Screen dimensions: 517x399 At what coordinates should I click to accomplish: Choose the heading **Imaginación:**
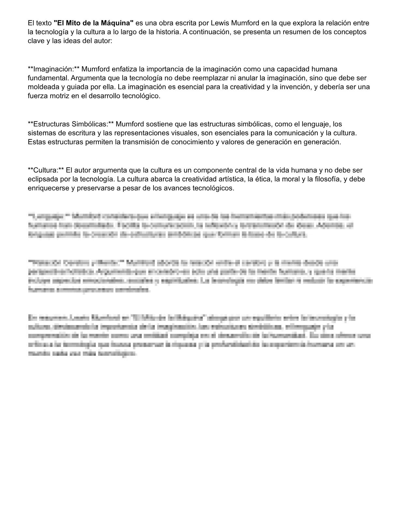54,69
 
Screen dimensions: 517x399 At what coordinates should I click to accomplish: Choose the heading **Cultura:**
46,170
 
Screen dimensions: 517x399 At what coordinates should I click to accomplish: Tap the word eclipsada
41,179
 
